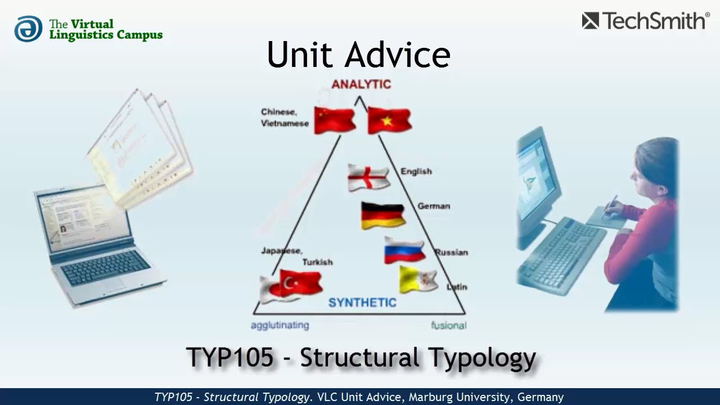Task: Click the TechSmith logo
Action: pyautogui.click(x=645, y=21)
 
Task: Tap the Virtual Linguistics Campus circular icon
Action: pyautogui.click(x=28, y=29)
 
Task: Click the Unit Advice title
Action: pyautogui.click(x=358, y=55)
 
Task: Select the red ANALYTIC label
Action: pyautogui.click(x=361, y=84)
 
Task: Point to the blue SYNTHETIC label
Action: pyautogui.click(x=362, y=303)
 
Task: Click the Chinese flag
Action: pyautogui.click(x=334, y=120)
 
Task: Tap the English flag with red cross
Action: pyautogui.click(x=368, y=177)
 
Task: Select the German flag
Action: pyautogui.click(x=382, y=215)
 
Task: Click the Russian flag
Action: pyautogui.click(x=404, y=250)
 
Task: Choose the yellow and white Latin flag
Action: pyautogui.click(x=418, y=280)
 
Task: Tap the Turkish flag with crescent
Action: pyautogui.click(x=300, y=283)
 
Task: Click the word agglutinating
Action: pyautogui.click(x=280, y=325)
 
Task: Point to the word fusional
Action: pyautogui.click(x=448, y=325)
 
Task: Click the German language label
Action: pyautogui.click(x=433, y=206)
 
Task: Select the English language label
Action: pyautogui.click(x=416, y=171)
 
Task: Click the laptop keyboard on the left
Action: pyautogui.click(x=105, y=268)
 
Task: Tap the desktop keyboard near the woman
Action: pyautogui.click(x=562, y=253)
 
